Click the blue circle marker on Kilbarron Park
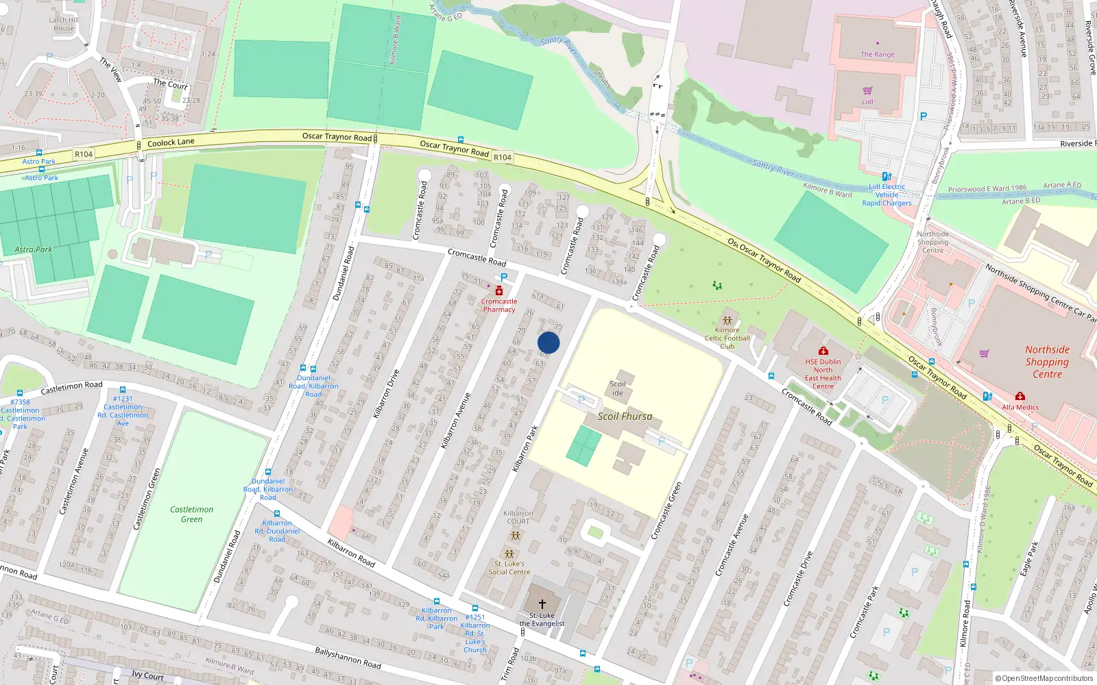tap(548, 342)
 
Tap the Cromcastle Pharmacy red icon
tap(498, 291)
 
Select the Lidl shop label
tap(867, 102)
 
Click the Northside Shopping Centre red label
tap(1047, 362)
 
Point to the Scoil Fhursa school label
tap(625, 416)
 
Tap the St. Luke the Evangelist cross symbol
tap(542, 603)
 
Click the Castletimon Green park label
tap(192, 514)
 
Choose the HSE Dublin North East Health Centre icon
tap(823, 351)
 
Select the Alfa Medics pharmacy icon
tap(1020, 397)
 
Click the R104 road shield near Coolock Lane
tap(84, 154)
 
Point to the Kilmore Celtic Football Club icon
tap(727, 321)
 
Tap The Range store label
tap(878, 54)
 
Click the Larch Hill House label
tap(64, 24)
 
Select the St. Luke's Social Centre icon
tap(509, 553)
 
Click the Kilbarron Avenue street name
tap(455, 421)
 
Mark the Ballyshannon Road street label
tap(348, 658)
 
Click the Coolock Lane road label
tap(171, 142)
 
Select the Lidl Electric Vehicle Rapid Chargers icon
tap(886, 176)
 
